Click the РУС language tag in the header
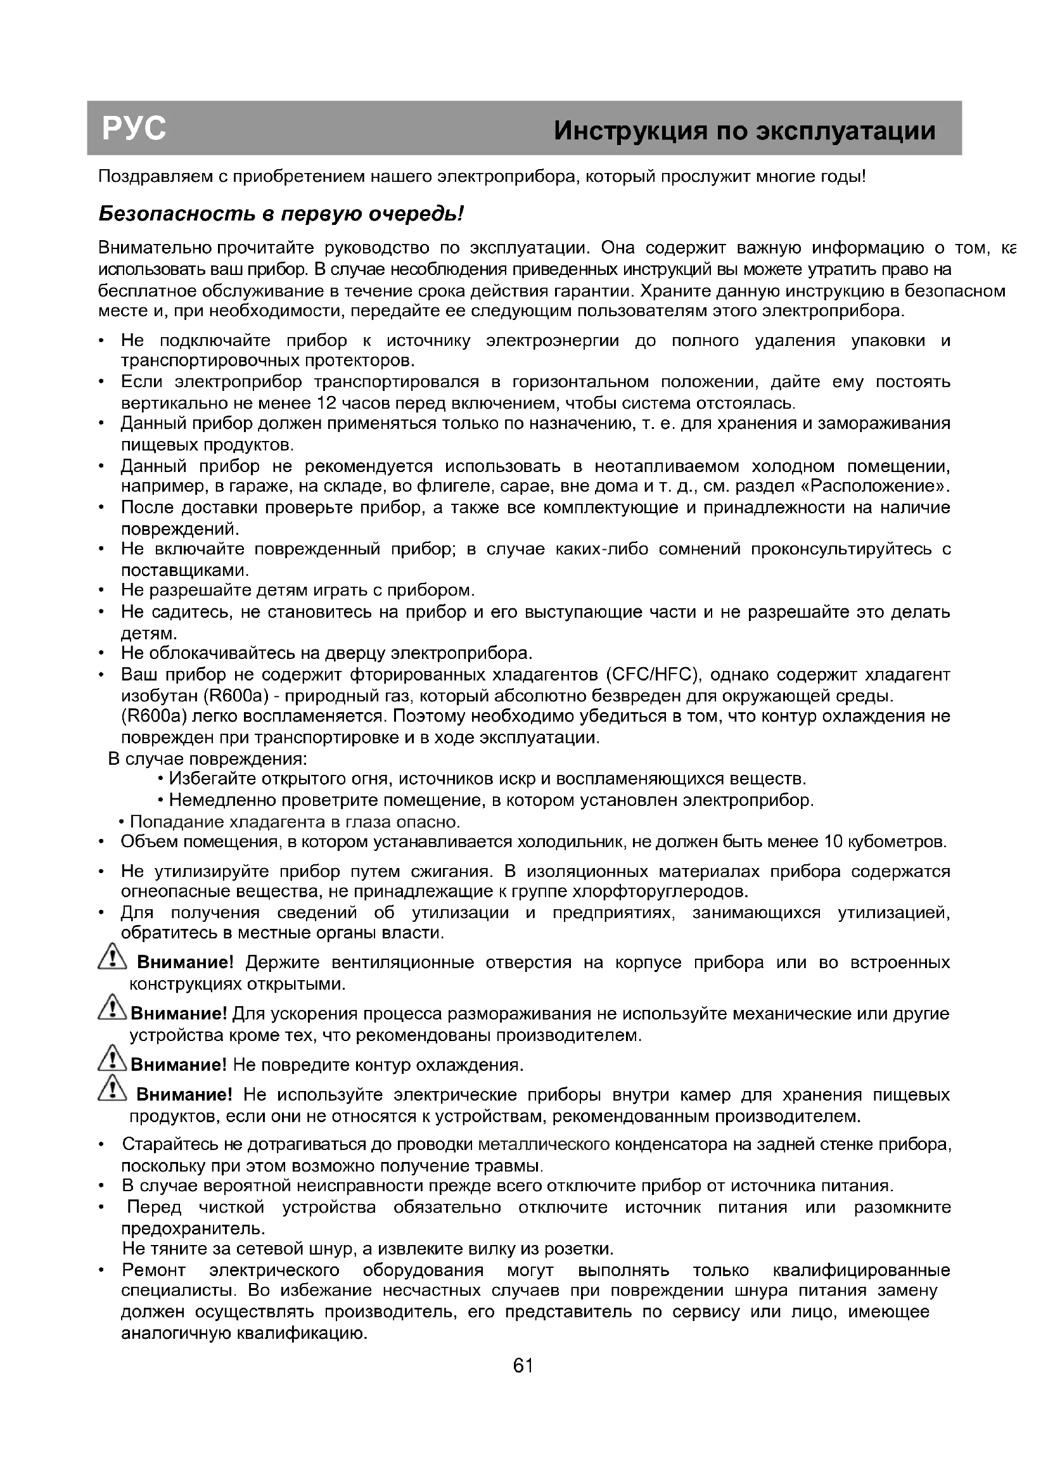pyautogui.click(x=134, y=129)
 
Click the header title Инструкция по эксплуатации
pyautogui.click(x=744, y=131)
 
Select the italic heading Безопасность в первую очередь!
pyautogui.click(x=281, y=214)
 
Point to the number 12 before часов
pyautogui.click(x=328, y=404)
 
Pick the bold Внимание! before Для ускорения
pyautogui.click(x=179, y=1014)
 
